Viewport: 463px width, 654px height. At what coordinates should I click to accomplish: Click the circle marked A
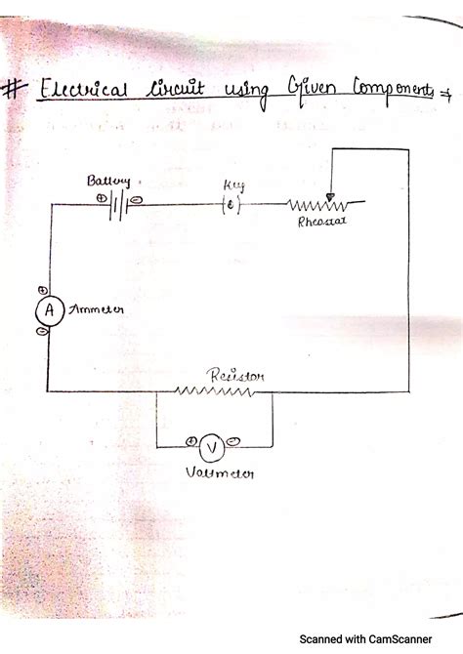(45, 309)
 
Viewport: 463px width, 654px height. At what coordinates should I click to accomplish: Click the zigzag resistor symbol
(214, 391)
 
